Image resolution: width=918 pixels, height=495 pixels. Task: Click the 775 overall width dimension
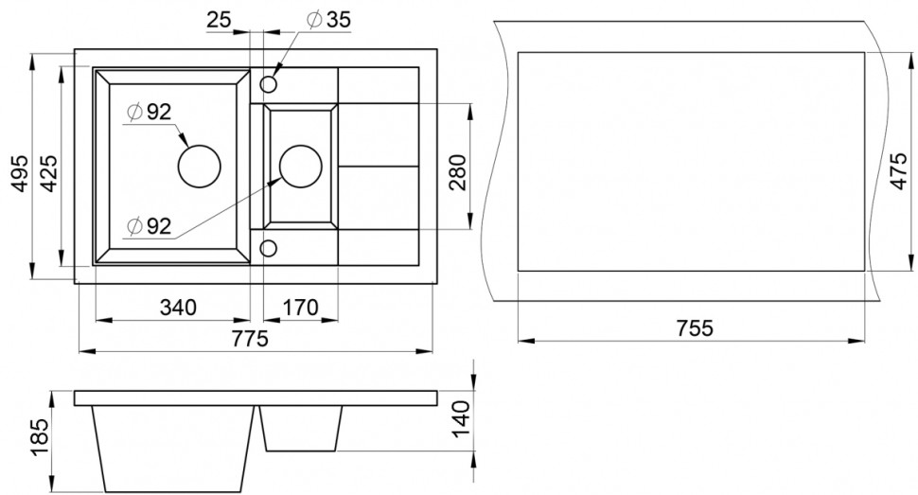point(250,339)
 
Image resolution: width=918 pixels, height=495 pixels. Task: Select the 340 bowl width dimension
point(179,307)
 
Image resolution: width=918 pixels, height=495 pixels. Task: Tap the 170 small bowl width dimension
point(300,307)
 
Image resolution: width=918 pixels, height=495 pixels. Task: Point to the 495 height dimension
point(20,173)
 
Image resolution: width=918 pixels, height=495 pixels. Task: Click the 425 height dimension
point(49,173)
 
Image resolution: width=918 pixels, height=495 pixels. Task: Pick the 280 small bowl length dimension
point(458,172)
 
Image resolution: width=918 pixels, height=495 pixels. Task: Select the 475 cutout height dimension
point(899,171)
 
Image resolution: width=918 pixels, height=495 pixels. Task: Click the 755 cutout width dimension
point(695,328)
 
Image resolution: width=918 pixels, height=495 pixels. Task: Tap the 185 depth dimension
point(40,438)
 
